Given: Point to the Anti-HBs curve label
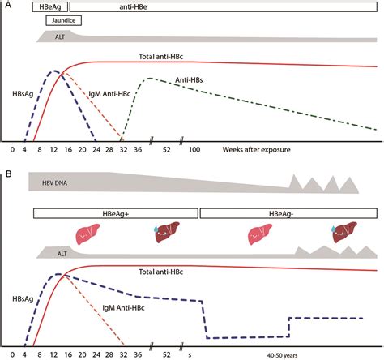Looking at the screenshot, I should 191,81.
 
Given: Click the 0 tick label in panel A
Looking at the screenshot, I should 13,150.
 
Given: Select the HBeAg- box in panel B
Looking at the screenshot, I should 288,212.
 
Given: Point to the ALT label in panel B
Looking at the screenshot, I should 54,254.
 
